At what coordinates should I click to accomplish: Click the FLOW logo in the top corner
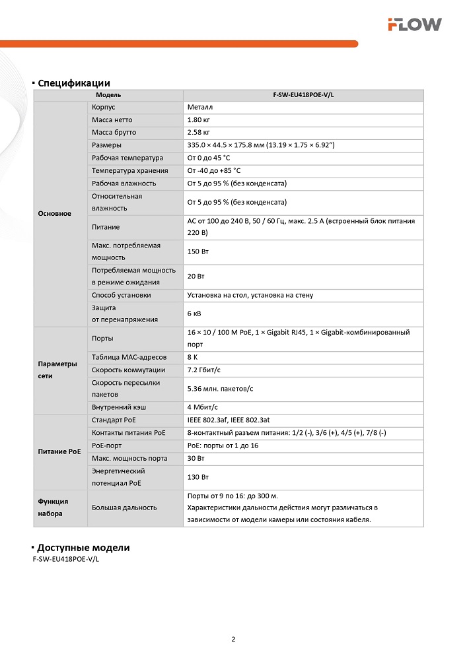click(x=414, y=24)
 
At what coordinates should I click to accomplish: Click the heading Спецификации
click(x=73, y=83)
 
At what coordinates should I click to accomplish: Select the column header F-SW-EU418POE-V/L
click(x=303, y=95)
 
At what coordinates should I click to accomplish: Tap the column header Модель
click(x=108, y=95)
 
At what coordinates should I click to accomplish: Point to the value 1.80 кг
click(x=199, y=120)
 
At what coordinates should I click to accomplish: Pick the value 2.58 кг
click(x=199, y=133)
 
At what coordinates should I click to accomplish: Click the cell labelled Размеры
click(x=106, y=145)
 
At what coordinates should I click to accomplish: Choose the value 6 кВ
click(x=194, y=313)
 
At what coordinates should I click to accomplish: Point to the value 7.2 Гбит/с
click(x=204, y=370)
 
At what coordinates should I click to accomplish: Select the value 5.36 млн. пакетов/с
click(x=220, y=388)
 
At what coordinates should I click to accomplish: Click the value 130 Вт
click(x=197, y=477)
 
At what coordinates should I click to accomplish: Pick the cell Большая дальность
click(x=124, y=508)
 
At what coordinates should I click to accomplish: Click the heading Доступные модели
click(x=83, y=548)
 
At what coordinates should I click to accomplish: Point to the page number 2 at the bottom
click(x=233, y=639)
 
